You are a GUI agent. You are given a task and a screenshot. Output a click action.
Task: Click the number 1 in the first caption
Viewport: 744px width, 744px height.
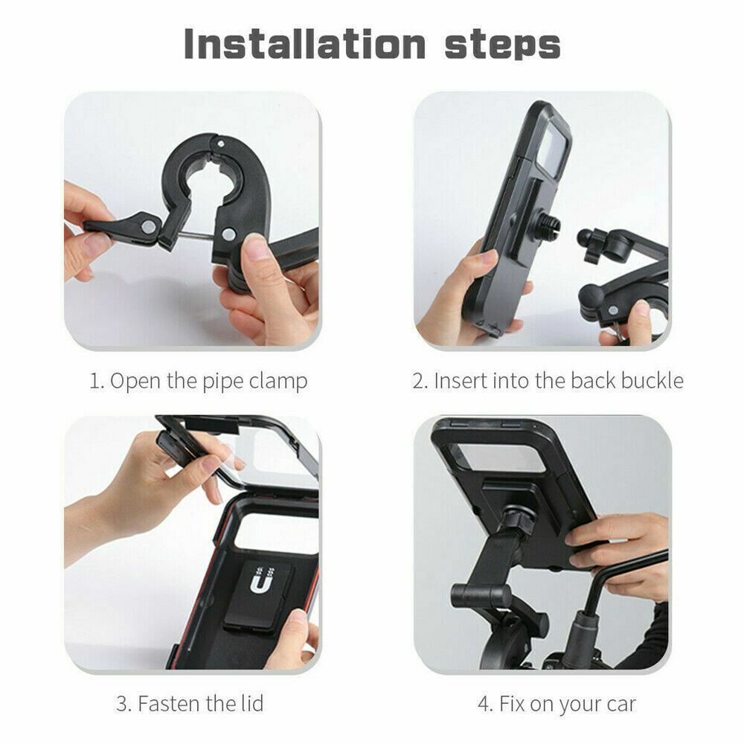pos(94,382)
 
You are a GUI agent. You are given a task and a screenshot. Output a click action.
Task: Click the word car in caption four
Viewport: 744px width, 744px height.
pos(619,702)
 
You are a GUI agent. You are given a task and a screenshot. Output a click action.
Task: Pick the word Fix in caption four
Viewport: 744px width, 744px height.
pos(512,702)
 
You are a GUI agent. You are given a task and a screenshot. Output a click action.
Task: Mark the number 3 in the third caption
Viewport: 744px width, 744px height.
pos(122,702)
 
